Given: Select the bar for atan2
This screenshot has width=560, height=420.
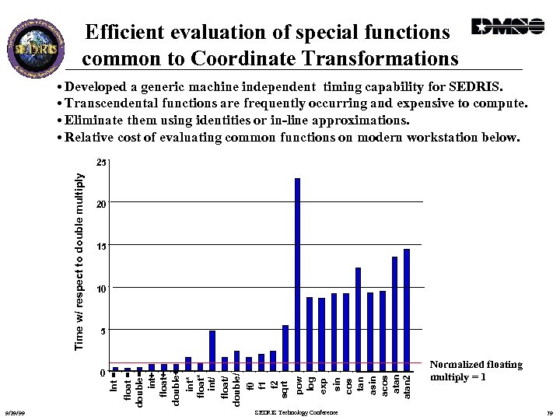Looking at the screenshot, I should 407,310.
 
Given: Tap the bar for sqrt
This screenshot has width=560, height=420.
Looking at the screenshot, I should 285,348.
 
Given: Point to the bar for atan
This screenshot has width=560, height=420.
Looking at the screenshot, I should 394,314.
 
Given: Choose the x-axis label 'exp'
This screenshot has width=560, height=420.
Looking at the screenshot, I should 322,383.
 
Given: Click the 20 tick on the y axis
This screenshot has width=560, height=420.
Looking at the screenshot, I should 100,204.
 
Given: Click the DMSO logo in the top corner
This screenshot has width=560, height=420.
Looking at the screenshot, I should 508,26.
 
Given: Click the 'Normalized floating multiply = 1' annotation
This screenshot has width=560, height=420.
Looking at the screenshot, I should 475,370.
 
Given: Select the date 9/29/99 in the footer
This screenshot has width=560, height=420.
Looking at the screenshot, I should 15,412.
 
